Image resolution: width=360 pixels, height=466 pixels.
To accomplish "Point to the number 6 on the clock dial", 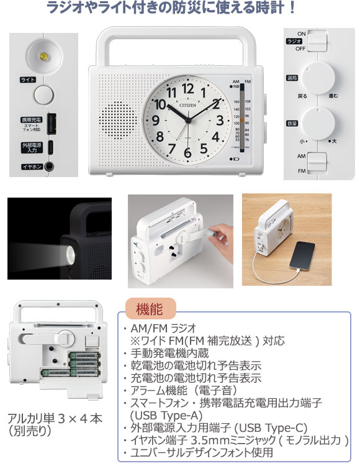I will (187, 152).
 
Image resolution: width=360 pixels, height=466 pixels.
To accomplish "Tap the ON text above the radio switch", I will (302, 34).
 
